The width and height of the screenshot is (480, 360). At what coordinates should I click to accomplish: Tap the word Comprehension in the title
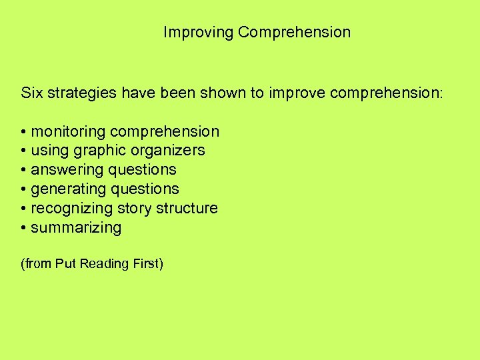pos(294,32)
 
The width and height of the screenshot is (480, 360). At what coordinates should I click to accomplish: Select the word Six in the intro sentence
pos(32,93)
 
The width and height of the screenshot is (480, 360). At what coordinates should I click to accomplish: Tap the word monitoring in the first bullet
pos(68,131)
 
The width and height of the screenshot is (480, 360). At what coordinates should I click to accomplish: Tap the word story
pos(134,209)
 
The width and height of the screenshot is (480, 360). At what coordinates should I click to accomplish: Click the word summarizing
pos(76,228)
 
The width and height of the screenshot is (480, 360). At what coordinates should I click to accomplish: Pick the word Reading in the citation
pos(103,264)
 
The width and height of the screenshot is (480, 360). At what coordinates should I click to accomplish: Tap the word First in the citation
pos(146,264)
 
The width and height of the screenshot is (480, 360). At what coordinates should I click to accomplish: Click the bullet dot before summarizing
pos(23,228)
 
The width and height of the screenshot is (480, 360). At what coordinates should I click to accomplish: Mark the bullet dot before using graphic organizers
pos(23,151)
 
